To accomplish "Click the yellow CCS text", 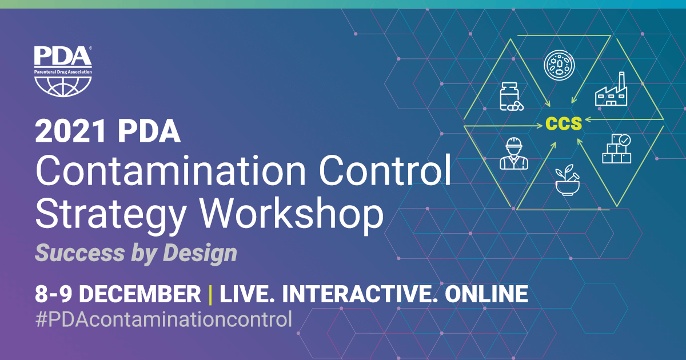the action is (564, 123).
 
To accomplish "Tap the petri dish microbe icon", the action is (559, 65).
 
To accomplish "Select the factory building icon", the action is (611, 89).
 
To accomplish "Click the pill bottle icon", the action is (512, 97).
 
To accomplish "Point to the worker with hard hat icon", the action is (514, 153).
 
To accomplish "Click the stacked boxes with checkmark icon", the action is (617, 149).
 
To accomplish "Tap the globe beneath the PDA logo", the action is (63, 87).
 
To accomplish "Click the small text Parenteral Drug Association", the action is (63, 72).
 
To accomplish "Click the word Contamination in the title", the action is (170, 170).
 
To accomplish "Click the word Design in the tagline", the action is (200, 253).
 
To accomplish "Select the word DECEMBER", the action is (139, 294).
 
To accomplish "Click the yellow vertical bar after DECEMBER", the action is (210, 295).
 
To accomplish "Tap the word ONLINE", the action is (486, 294).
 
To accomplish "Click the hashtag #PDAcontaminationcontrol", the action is (164, 319).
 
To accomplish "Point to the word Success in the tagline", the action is (80, 253).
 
